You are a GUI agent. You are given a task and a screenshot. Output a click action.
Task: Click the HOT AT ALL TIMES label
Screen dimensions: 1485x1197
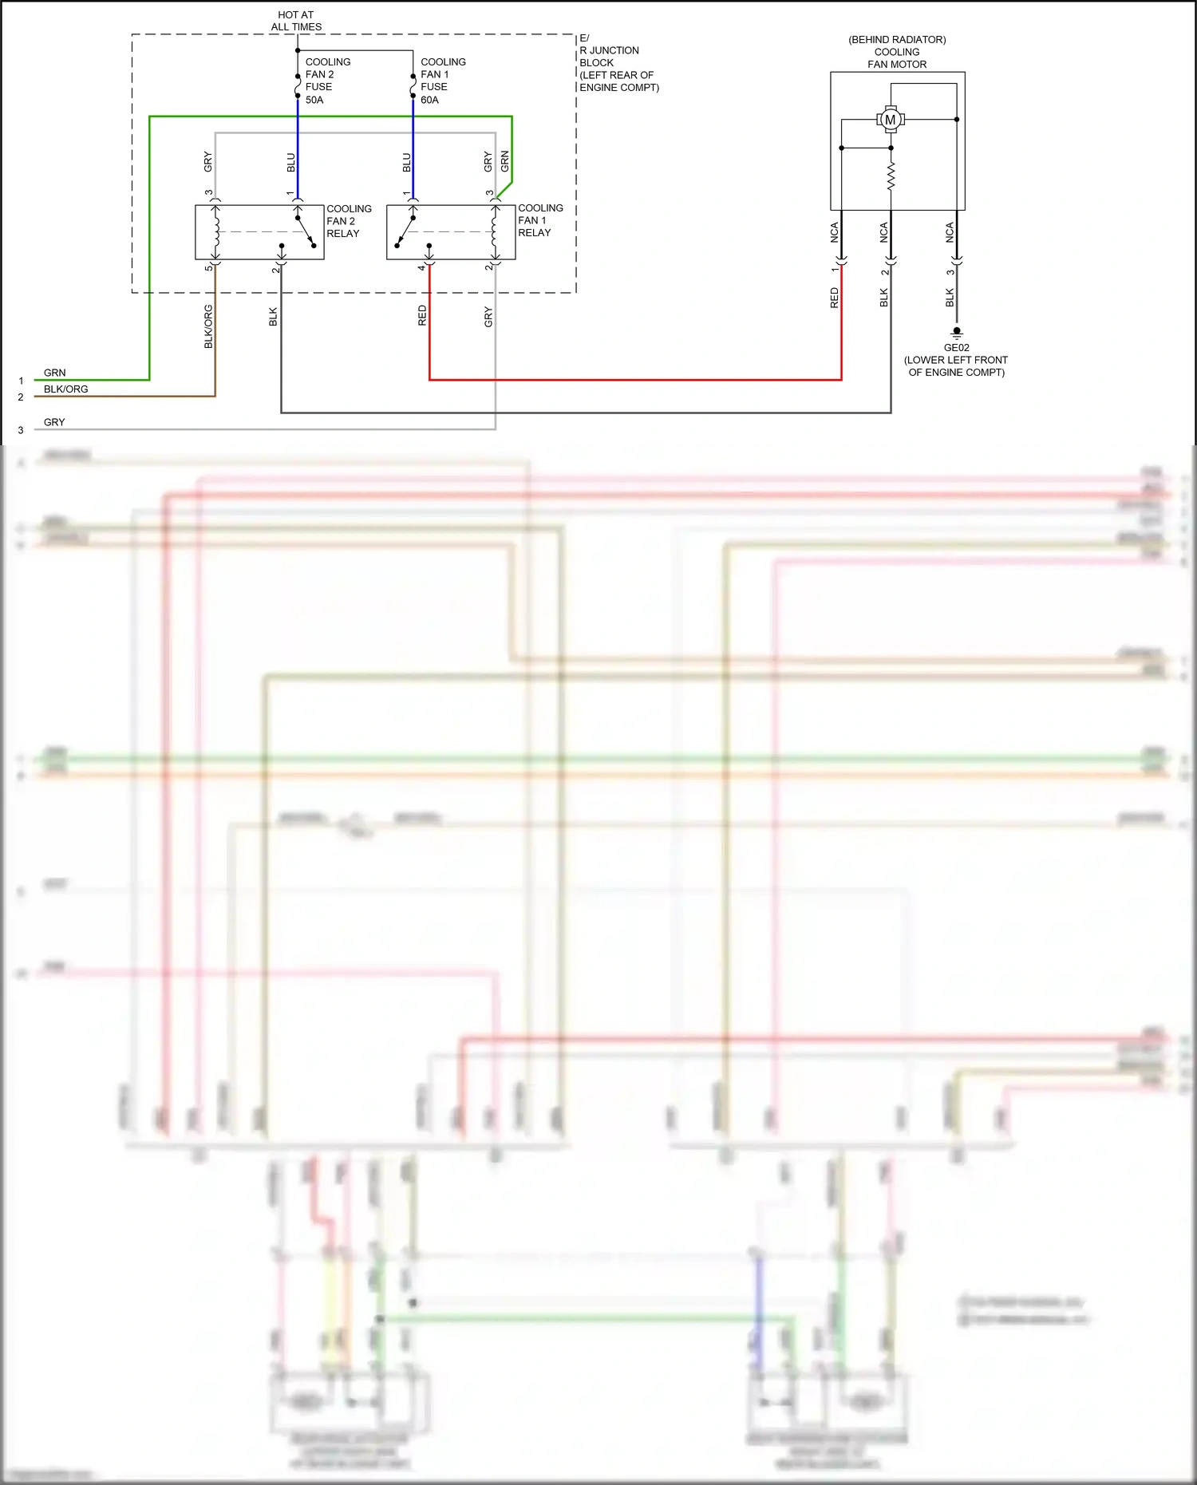[x=296, y=21]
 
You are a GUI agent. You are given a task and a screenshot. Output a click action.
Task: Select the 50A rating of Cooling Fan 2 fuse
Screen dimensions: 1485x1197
[x=314, y=100]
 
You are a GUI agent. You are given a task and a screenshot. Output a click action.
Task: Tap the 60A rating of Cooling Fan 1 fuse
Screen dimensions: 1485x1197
[x=429, y=100]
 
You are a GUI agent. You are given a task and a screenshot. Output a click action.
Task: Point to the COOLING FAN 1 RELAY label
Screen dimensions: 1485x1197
[x=539, y=220]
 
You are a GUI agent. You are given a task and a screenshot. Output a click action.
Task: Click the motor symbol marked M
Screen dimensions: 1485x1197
[x=891, y=120]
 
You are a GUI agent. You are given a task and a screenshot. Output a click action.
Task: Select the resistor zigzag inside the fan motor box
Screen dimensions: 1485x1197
[x=891, y=176]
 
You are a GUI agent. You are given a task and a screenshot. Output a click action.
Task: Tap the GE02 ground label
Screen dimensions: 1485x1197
[x=956, y=348]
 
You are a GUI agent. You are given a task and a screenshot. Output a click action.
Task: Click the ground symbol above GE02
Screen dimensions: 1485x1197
[x=956, y=332]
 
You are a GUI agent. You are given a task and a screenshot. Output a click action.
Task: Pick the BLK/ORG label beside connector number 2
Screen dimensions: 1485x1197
[x=65, y=389]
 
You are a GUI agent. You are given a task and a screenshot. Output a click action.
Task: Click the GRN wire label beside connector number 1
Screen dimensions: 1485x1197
[x=54, y=373]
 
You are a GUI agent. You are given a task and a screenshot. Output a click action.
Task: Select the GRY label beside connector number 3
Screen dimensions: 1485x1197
[x=54, y=422]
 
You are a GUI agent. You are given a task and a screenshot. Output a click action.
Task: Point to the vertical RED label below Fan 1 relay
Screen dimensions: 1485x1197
[x=422, y=316]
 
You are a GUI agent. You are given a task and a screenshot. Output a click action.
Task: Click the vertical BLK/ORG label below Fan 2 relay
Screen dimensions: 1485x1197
[x=208, y=326]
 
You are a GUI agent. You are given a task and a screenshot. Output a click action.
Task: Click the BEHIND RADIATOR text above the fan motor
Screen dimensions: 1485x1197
[x=897, y=39]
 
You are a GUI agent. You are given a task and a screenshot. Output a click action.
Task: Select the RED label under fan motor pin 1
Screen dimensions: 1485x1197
[x=835, y=298]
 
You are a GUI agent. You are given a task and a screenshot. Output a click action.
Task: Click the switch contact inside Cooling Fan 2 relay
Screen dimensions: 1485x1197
[x=306, y=231]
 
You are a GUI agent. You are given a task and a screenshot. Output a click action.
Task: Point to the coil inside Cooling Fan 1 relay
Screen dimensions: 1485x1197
[x=495, y=231]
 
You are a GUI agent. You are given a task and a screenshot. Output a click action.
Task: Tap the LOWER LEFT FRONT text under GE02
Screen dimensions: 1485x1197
[x=956, y=360]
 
